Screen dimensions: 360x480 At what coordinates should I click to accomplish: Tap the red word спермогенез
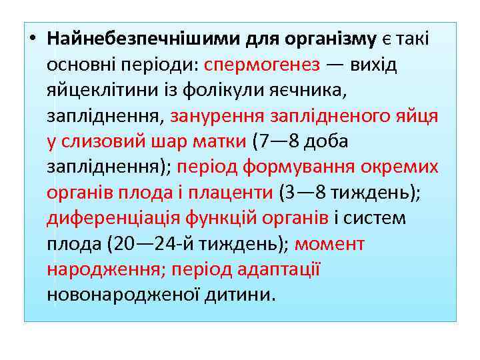coord(263,65)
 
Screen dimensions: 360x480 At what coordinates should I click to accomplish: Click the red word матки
coord(221,141)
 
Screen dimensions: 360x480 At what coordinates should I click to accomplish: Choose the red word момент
coord(329,243)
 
